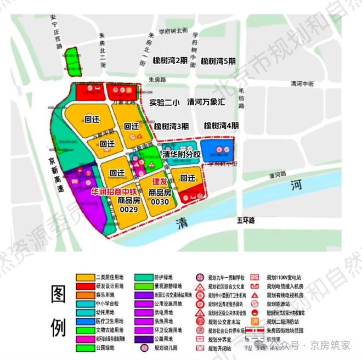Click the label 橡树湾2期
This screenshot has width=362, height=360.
click(x=171, y=61)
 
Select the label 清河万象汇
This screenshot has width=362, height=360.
click(x=207, y=102)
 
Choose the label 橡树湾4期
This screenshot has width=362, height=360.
click(x=222, y=126)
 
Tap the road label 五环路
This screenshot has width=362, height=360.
click(x=246, y=220)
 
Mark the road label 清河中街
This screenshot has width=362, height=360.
click(x=303, y=84)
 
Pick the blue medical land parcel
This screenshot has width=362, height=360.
click(x=218, y=150)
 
